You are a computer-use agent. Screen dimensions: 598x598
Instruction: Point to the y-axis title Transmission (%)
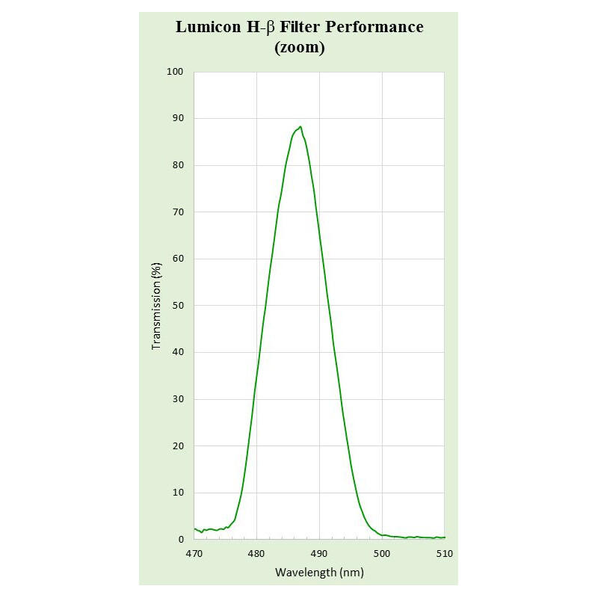point(156,306)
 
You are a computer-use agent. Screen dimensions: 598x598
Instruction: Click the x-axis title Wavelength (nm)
point(319,573)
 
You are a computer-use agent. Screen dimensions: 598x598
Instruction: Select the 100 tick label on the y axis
point(176,72)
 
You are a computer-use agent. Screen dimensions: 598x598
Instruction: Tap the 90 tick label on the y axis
point(178,119)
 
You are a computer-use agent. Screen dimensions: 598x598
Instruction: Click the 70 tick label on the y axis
point(178,212)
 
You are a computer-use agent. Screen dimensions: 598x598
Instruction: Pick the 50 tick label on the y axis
point(178,306)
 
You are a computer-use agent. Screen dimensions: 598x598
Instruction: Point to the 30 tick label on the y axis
point(178,399)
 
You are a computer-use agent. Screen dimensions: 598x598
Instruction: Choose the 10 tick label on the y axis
point(178,493)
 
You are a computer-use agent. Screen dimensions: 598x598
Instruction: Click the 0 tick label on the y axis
point(181,539)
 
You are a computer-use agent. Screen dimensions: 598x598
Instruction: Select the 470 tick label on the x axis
point(194,554)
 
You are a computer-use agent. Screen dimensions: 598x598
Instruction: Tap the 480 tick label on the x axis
point(256,554)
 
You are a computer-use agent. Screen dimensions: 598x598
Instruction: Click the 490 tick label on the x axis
point(319,554)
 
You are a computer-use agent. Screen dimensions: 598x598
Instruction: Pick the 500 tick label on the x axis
point(382,554)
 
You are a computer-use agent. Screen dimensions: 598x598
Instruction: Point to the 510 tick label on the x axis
point(444,554)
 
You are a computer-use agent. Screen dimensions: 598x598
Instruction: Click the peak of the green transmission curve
point(300,127)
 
